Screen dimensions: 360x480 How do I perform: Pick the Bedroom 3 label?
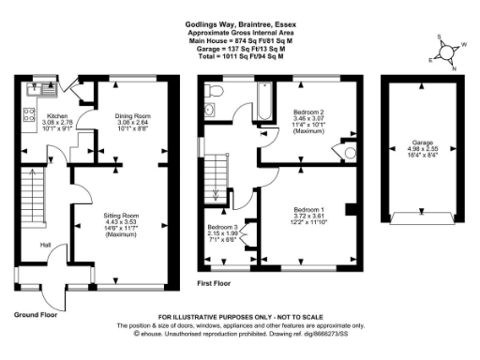(221, 228)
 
